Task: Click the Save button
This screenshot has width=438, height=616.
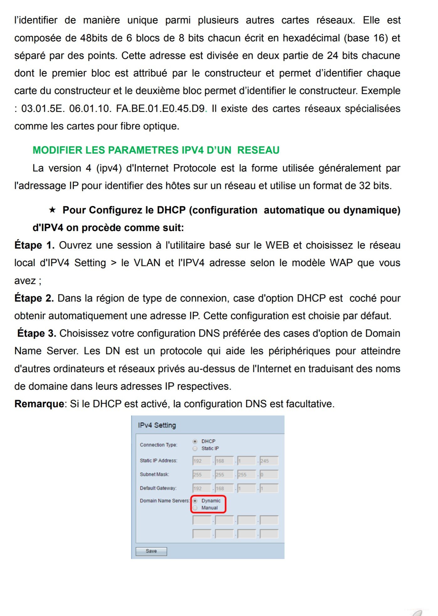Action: coord(151,551)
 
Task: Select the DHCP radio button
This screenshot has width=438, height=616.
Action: coord(195,441)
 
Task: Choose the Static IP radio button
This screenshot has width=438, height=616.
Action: coord(195,448)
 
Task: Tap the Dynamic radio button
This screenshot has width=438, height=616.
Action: coord(195,501)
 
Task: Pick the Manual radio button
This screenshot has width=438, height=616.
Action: coord(195,508)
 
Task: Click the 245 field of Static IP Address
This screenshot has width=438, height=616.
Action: coord(269,461)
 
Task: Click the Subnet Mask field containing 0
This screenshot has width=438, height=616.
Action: coord(269,475)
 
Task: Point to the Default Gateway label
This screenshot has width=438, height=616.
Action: coord(158,488)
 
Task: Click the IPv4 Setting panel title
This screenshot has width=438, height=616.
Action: coord(157,425)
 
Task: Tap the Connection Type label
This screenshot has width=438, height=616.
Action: coord(158,445)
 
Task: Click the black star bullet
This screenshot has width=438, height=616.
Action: coord(52,210)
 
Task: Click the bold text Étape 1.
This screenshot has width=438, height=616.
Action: coord(34,245)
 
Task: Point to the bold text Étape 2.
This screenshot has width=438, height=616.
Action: coord(34,298)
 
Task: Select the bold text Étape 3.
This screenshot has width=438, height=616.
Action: coord(37,333)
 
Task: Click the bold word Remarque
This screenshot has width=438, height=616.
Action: coord(39,404)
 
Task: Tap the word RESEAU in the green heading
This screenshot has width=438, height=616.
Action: coord(258,150)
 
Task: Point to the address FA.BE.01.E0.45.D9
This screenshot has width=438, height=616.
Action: coord(160,108)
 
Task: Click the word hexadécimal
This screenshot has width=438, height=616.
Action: coord(311,38)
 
